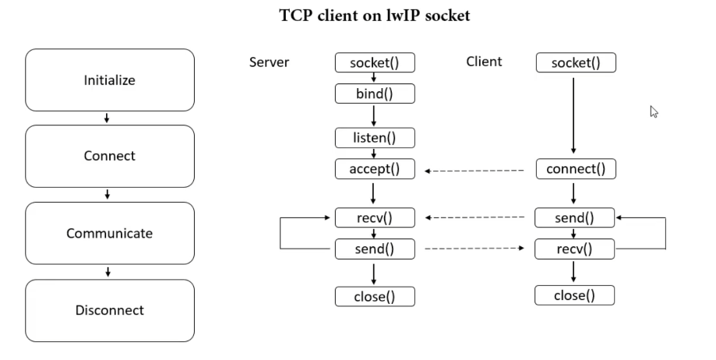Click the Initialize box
click(x=110, y=80)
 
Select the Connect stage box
click(x=110, y=156)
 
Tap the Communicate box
click(x=110, y=233)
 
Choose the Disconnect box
click(x=110, y=310)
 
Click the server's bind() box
click(x=375, y=94)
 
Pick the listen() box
click(x=375, y=138)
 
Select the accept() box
click(x=375, y=169)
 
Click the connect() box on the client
click(x=576, y=169)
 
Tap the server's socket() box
click(x=375, y=62)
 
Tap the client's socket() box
click(x=576, y=62)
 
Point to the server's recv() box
click(x=375, y=217)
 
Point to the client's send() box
click(x=574, y=217)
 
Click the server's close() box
click(x=375, y=296)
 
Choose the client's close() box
click(x=574, y=295)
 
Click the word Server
click(x=269, y=62)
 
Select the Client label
click(x=484, y=62)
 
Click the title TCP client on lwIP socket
click(x=375, y=16)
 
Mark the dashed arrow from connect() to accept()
click(x=474, y=170)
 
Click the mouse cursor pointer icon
click(x=654, y=111)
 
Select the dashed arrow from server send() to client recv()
click(x=474, y=249)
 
